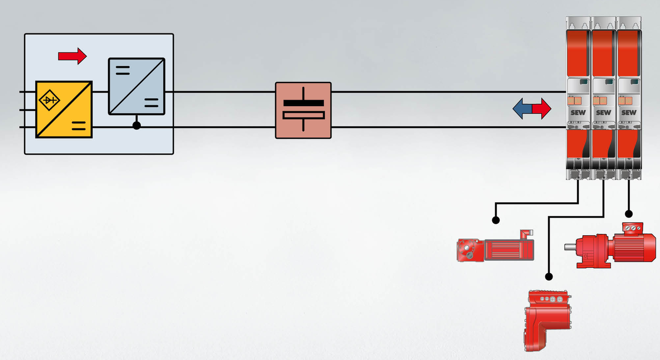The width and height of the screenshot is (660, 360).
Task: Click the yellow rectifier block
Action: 64,109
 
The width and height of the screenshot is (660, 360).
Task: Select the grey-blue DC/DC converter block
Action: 136,86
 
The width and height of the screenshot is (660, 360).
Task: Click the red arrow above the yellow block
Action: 72,56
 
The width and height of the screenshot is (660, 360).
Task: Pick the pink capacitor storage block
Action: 303,110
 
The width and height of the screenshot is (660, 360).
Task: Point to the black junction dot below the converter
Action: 136,125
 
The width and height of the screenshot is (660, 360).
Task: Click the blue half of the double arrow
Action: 522,109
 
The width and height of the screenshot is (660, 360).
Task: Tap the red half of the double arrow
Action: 542,109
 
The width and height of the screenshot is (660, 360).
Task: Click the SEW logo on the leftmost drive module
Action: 578,113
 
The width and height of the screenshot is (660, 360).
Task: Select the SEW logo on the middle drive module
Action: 603,113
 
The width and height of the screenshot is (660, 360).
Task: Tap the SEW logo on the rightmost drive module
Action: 629,113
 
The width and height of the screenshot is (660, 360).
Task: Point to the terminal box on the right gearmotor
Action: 633,228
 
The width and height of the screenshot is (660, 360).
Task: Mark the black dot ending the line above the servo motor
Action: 496,220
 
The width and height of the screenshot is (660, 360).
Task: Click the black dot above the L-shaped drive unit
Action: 549,277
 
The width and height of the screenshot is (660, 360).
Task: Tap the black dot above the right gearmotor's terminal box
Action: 629,214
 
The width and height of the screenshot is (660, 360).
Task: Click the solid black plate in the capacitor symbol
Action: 303,103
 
